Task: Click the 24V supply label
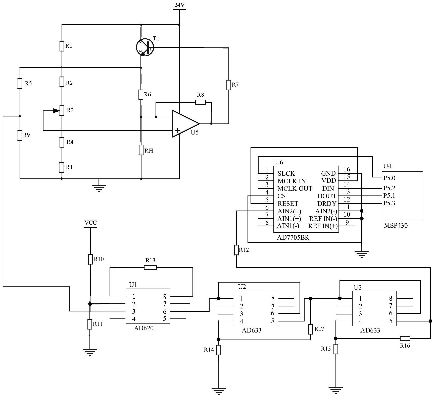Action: (x=179, y=5)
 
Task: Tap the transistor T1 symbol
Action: (x=144, y=47)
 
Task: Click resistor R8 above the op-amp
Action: (x=201, y=102)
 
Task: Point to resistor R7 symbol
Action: (x=228, y=85)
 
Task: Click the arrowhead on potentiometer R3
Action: (x=56, y=110)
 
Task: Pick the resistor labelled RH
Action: (x=141, y=150)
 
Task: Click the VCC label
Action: (x=90, y=223)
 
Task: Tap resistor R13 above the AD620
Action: (x=150, y=268)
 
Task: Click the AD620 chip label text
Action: (x=144, y=328)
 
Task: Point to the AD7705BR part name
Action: (x=293, y=237)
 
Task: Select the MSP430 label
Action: (x=396, y=225)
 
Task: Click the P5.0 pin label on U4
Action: (x=389, y=178)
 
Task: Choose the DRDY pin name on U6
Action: (x=327, y=204)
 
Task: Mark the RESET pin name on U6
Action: (x=288, y=204)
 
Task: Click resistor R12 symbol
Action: (x=236, y=250)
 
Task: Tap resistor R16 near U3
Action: (x=405, y=338)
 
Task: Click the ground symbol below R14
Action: (x=219, y=390)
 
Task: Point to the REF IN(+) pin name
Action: (x=323, y=226)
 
